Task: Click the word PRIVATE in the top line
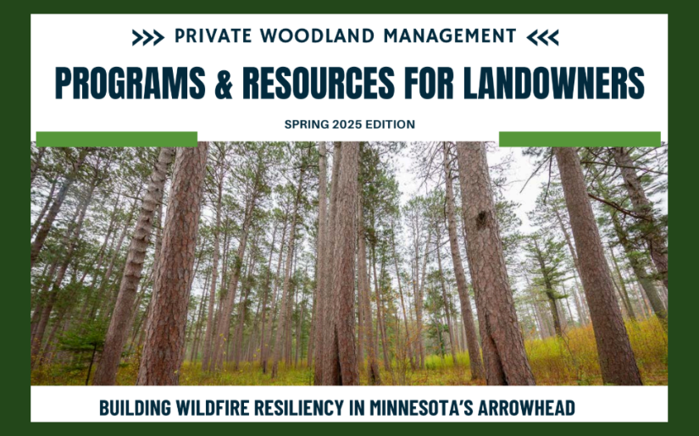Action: pyautogui.click(x=211, y=36)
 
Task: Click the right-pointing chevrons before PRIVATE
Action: pyautogui.click(x=147, y=37)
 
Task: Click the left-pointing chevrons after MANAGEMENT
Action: pyautogui.click(x=542, y=37)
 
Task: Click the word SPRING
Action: pyautogui.click(x=304, y=124)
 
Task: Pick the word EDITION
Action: pyautogui.click(x=389, y=124)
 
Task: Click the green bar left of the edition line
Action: pyautogui.click(x=117, y=139)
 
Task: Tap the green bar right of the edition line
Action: pyautogui.click(x=580, y=139)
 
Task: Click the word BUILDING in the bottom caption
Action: pyautogui.click(x=133, y=408)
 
